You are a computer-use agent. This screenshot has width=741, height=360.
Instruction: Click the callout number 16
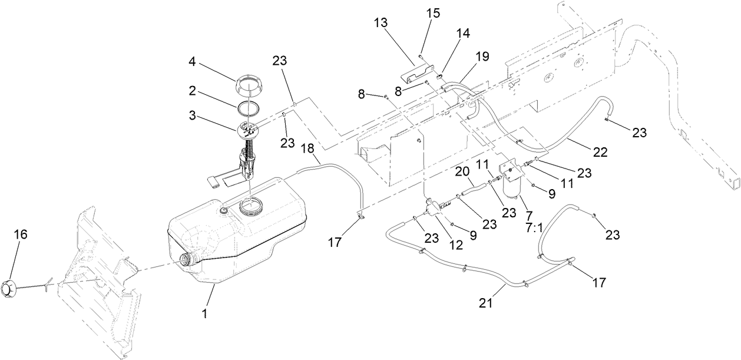point(21,235)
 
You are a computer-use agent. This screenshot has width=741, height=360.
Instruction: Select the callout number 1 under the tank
point(205,314)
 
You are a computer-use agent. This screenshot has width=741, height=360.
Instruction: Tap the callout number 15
point(433,12)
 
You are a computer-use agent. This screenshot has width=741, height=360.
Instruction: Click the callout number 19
point(482,57)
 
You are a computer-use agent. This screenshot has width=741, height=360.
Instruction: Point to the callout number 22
point(600,152)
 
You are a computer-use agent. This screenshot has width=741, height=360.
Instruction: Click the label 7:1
point(534,227)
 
